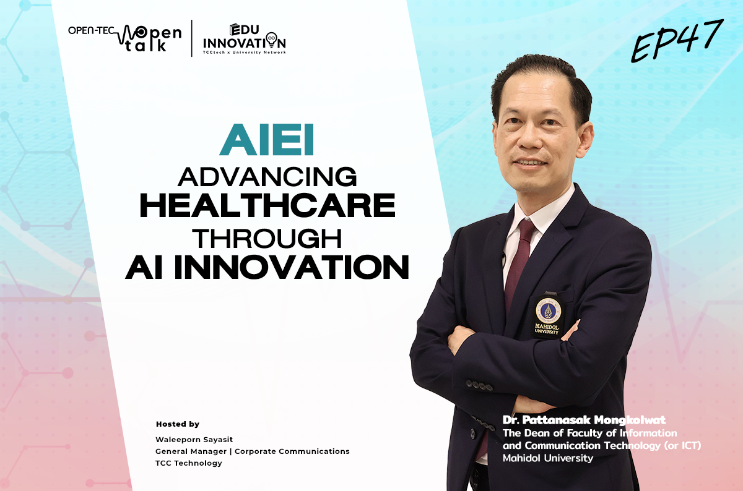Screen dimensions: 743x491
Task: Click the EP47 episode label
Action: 677,40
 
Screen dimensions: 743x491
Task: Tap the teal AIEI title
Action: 266,140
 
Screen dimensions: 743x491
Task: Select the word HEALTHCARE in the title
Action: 267,205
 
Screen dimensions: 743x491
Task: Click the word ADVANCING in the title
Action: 267,177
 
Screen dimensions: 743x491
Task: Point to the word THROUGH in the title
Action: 267,238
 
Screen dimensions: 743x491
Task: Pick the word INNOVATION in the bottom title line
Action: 296,267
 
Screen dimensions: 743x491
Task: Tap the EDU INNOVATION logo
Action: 245,39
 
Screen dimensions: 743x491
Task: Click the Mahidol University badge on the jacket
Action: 547,315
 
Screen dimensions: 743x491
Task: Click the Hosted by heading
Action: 178,424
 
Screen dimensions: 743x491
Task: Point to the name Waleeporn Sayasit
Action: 194,440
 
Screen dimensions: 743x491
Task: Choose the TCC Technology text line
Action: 189,463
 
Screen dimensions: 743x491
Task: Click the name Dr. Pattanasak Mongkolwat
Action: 584,420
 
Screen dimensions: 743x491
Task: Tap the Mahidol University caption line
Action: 548,458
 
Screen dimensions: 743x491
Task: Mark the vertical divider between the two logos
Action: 192,38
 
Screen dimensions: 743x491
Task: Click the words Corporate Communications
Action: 292,451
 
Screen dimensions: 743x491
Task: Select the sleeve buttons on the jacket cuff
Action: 479,386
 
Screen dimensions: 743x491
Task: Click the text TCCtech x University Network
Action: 245,53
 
